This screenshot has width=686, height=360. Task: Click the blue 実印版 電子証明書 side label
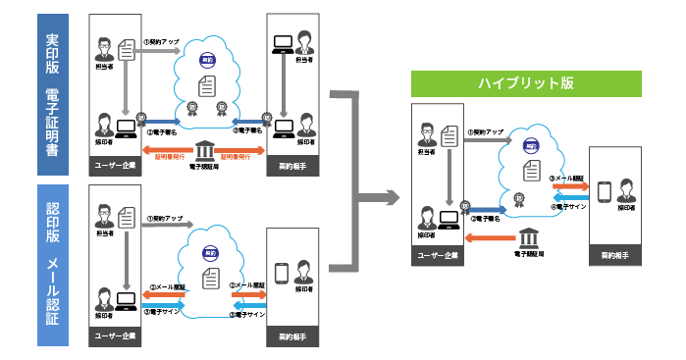click(x=52, y=93)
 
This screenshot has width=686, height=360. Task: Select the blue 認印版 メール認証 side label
click(x=52, y=265)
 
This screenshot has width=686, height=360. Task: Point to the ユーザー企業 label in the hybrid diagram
click(x=436, y=257)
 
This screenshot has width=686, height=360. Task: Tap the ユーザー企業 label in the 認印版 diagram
click(x=114, y=335)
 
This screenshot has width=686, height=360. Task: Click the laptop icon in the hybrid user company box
click(x=451, y=215)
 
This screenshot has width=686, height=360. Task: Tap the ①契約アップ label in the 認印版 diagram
click(x=165, y=220)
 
